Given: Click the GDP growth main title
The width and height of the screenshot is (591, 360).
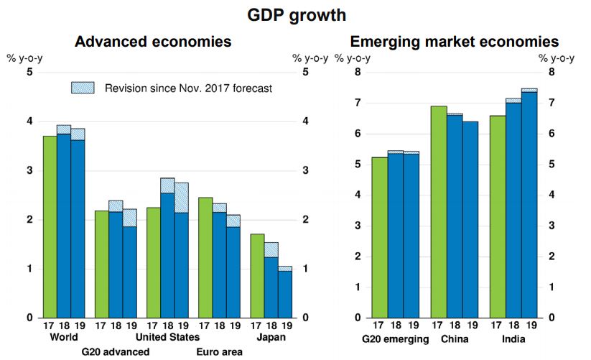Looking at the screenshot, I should [x=295, y=14].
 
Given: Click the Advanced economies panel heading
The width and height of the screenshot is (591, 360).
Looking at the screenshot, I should [x=153, y=42].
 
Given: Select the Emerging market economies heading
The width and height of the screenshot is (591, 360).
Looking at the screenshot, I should [x=454, y=42].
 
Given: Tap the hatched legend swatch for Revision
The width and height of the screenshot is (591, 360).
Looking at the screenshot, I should [x=83, y=88].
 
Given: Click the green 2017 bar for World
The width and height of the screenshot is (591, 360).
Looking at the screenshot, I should [x=50, y=226].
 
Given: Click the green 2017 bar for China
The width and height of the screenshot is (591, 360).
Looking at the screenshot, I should [x=438, y=212].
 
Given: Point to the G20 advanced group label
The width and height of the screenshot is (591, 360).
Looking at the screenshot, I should [x=115, y=352].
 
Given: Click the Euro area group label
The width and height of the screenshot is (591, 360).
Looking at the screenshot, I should [x=219, y=352].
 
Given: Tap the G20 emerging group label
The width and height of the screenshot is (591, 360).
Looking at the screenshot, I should [x=394, y=338].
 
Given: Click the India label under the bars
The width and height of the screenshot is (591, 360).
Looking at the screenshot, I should [x=513, y=338].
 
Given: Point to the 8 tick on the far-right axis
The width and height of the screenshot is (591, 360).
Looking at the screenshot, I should [x=552, y=72].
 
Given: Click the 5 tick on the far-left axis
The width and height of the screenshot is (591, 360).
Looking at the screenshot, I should [x=29, y=72].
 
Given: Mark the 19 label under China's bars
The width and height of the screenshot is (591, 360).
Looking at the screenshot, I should [x=470, y=326].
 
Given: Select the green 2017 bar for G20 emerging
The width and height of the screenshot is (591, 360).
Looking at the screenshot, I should [x=379, y=237].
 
